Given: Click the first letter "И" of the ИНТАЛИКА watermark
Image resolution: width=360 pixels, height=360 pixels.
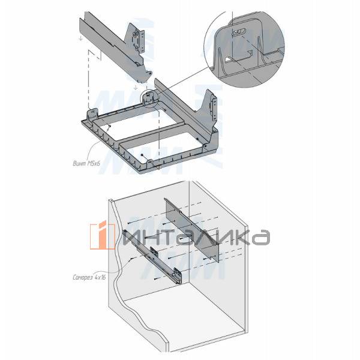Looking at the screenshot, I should click(130, 238).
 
